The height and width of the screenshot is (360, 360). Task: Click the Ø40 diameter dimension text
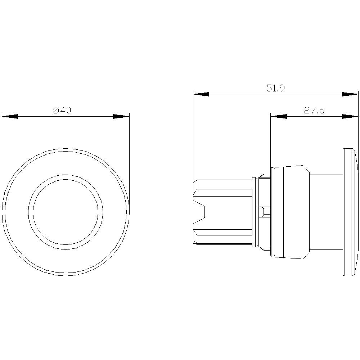(62, 111)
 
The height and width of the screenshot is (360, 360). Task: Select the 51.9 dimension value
(276, 89)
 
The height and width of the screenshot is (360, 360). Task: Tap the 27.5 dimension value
(314, 111)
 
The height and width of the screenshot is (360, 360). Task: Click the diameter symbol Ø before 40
(55, 111)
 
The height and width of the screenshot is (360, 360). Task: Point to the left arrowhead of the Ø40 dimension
(10, 116)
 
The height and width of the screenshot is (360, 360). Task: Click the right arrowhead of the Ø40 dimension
(121, 116)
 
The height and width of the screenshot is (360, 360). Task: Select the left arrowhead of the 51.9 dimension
(201, 94)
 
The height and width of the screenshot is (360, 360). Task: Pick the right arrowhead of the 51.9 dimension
(350, 94)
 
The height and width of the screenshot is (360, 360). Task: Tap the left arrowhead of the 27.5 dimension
(278, 116)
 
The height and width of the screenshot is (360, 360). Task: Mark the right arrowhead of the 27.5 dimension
(350, 116)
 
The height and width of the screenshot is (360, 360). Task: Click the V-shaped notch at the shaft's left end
(200, 212)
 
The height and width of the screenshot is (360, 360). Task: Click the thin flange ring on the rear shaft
(254, 212)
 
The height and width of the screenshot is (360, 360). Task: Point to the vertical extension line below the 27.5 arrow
(270, 144)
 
